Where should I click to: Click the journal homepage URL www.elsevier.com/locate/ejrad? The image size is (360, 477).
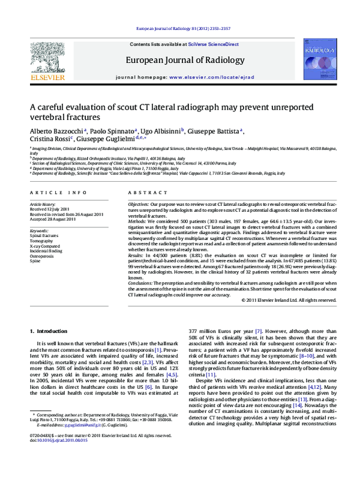pos(212,78)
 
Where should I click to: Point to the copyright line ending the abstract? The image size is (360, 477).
pos(285,299)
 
